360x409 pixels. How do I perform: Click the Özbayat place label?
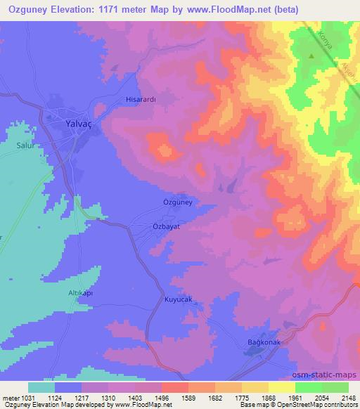168,228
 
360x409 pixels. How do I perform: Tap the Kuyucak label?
178,300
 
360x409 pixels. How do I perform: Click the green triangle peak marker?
311,55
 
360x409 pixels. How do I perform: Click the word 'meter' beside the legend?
8,398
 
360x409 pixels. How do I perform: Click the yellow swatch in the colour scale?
282,387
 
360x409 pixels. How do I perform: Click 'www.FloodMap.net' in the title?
211,9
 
